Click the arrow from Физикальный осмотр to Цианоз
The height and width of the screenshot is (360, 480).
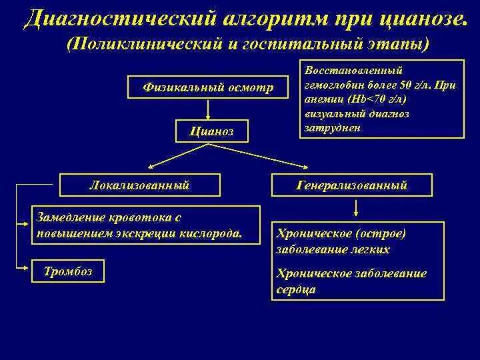(209, 109)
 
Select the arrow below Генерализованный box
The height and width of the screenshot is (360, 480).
(357, 207)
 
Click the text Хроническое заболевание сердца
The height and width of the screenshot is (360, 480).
(351, 281)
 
